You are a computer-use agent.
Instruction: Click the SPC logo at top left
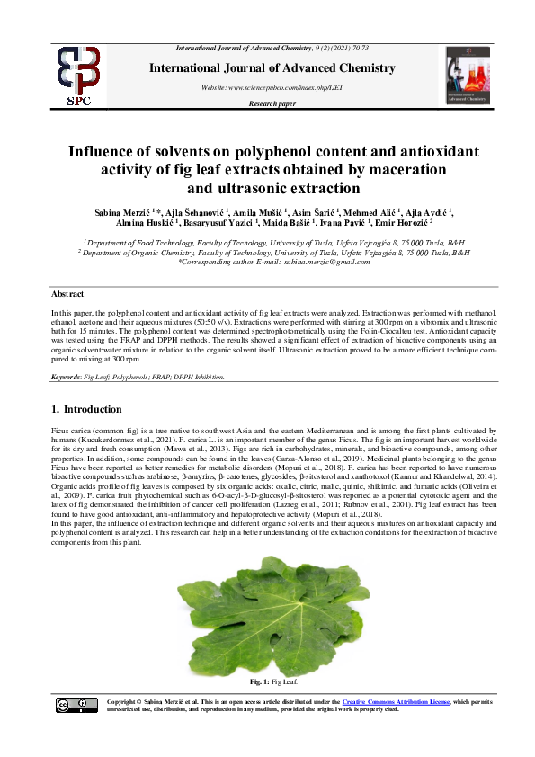point(78,76)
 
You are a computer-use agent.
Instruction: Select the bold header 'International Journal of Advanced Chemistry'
point(272,68)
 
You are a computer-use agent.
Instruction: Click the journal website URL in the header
point(272,87)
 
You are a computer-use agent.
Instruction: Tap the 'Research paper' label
point(272,105)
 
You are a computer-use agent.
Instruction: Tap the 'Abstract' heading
point(67,294)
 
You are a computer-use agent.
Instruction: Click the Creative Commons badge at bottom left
point(76,705)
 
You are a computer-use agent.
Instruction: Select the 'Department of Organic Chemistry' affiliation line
point(272,253)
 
